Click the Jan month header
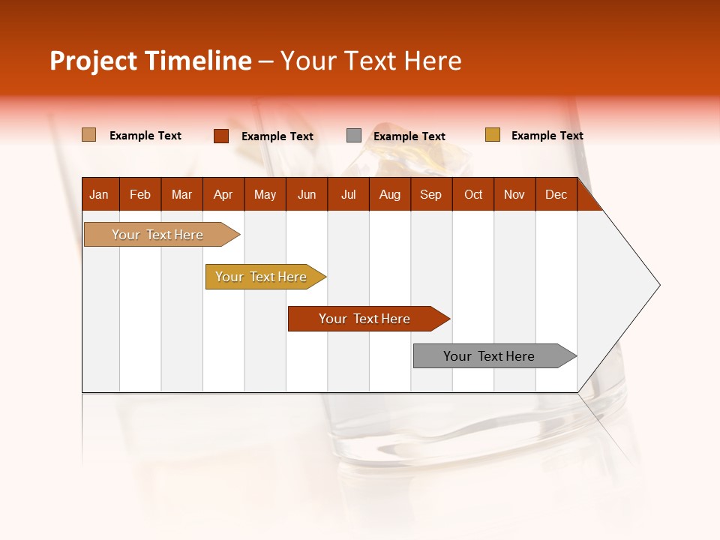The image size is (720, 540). pos(100,195)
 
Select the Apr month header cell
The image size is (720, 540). pos(223,195)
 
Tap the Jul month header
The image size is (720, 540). pos(348,195)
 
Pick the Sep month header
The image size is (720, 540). pos(431,195)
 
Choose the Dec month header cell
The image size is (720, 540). pos(556,195)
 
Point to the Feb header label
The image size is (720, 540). pos(140,195)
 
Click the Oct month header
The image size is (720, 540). pos(473,195)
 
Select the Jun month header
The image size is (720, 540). pos(307,195)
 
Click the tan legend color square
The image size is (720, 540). pos(88,135)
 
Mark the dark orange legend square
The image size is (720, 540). pos(220,136)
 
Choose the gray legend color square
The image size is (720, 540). pos(354,136)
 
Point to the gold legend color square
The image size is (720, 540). pos(492,135)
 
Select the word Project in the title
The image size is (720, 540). pos(93,61)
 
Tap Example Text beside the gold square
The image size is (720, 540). pos(547,136)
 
